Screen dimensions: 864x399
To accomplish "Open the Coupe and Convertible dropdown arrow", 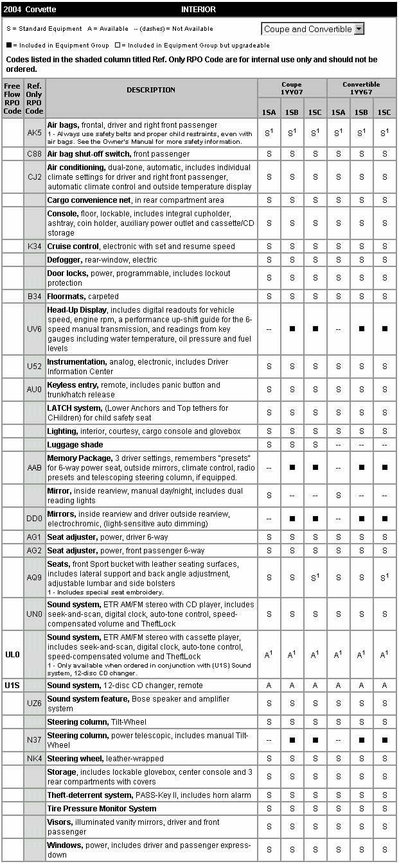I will click(359, 29).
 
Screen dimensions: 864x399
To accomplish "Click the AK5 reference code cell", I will click(35, 133).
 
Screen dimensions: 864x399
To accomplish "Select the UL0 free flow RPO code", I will click(12, 655).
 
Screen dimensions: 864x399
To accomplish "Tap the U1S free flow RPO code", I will click(12, 686).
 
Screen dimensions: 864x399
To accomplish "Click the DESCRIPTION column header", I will click(151, 90).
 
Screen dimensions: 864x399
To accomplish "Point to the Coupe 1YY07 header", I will click(292, 88).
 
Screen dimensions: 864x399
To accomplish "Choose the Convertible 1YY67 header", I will click(361, 88).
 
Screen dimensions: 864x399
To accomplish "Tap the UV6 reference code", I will click(35, 329).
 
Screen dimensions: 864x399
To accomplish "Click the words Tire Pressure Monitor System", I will click(102, 809).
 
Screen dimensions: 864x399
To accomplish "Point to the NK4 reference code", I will click(35, 759).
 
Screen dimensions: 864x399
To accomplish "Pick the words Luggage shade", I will click(75, 445).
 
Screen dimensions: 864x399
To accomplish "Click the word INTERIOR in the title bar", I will click(199, 10).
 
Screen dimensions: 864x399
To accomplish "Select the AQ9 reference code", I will click(35, 578).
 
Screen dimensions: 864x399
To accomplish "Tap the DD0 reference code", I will click(35, 519).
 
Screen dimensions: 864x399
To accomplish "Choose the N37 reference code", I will click(35, 740).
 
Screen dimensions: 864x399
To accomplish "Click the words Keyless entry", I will click(71, 385).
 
